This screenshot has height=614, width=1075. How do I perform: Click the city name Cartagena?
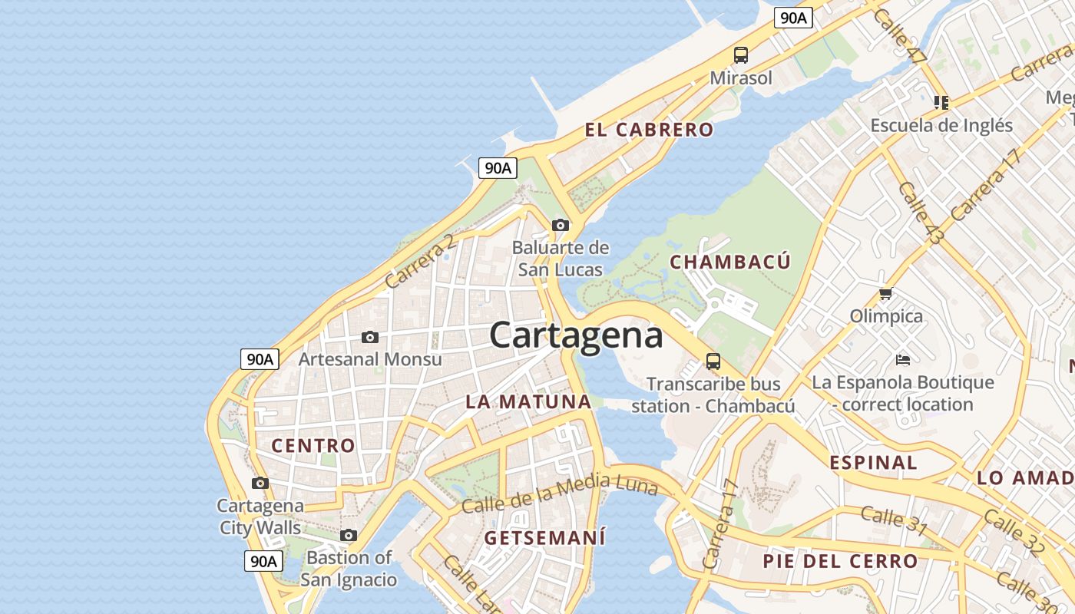[576, 335]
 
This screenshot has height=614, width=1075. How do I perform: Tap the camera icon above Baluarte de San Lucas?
[561, 225]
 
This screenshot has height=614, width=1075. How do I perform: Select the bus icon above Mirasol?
[740, 55]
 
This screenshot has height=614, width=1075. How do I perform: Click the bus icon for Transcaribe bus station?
[713, 361]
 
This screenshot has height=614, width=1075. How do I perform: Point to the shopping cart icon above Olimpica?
[886, 293]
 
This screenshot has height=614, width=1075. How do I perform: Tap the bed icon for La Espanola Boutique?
[903, 359]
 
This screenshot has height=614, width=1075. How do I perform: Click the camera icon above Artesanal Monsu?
[370, 337]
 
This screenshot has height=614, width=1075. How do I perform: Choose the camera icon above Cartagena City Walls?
[260, 483]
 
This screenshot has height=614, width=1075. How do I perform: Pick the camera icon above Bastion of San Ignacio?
[349, 535]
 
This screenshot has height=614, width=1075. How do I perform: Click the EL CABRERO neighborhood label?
[649, 130]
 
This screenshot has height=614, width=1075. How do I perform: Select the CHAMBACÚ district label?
[729, 262]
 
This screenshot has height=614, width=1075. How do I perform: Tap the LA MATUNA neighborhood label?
[528, 401]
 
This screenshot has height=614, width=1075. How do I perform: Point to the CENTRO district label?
[313, 445]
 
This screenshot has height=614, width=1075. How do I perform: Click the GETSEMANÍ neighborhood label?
[544, 537]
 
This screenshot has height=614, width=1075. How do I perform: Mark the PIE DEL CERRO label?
[840, 561]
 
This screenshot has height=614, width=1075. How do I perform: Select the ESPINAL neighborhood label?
[873, 462]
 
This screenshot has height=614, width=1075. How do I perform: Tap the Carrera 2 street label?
[419, 262]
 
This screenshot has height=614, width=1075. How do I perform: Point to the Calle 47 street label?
[900, 36]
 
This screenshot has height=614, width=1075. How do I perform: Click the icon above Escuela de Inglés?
[941, 102]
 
